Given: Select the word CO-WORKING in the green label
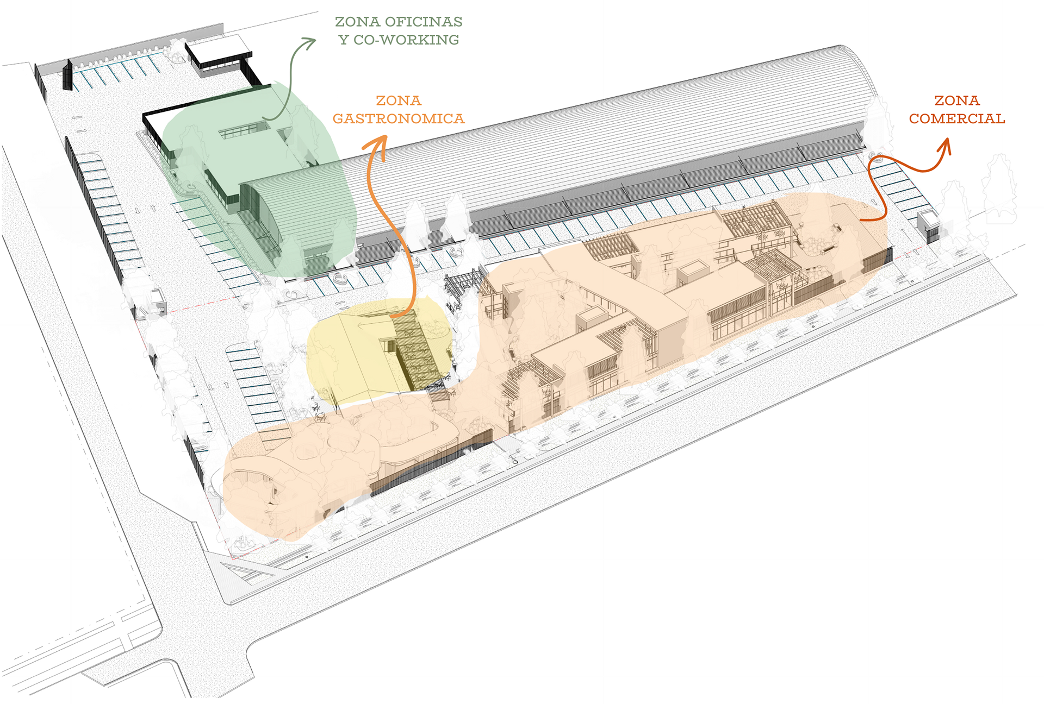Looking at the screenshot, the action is pyautogui.click(x=406, y=40).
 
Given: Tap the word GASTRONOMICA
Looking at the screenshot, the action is pyautogui.click(x=399, y=119).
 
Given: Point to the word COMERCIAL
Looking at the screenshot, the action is pyautogui.click(x=957, y=119).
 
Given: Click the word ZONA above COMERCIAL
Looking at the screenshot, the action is pyautogui.click(x=957, y=100).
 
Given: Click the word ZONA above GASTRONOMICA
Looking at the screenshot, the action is pyautogui.click(x=399, y=100).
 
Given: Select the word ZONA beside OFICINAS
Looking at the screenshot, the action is pyautogui.click(x=357, y=22).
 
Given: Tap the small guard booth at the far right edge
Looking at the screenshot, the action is pyautogui.click(x=928, y=225).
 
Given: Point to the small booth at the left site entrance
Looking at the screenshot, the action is pyautogui.click(x=158, y=299).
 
